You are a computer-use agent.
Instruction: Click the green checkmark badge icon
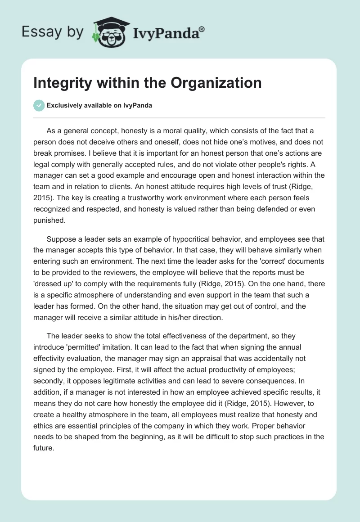pyautogui.click(x=39, y=105)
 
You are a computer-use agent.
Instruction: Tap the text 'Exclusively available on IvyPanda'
pyautogui.click(x=99, y=105)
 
